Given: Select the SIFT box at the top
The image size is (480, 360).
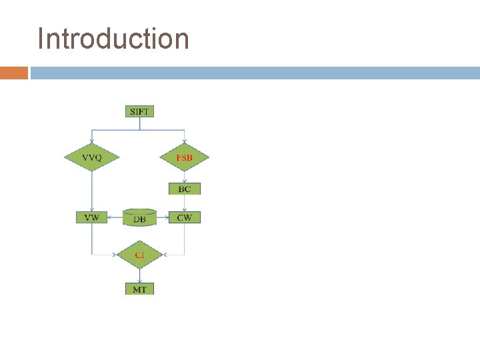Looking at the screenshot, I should click(139, 111).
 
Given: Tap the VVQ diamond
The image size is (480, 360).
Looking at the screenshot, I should click(92, 157).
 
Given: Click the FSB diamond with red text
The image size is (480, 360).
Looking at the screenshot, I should click(185, 157).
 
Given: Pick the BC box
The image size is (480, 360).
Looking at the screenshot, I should click(185, 189).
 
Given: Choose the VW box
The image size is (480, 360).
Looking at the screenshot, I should click(92, 217).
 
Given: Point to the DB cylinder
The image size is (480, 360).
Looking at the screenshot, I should click(140, 218).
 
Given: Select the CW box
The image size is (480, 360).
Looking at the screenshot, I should click(185, 217).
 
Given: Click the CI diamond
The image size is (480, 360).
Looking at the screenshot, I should click(139, 255).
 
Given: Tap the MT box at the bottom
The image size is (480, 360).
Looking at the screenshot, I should click(139, 289).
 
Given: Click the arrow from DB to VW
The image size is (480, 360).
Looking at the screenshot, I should click(115, 217).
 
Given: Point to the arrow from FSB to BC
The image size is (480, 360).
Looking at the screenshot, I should click(185, 177).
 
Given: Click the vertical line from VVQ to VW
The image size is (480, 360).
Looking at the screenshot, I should click(92, 190).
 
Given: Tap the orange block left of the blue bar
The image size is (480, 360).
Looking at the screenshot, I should click(13, 73).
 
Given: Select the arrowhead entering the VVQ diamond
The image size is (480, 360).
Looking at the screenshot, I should click(92, 141).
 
